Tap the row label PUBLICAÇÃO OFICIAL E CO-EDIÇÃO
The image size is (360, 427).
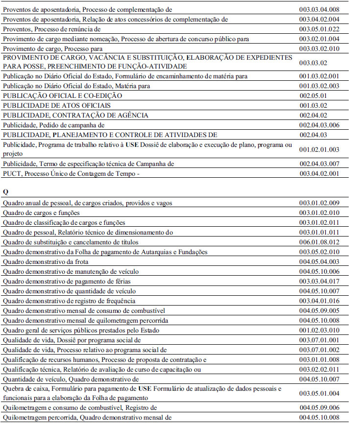(62, 95)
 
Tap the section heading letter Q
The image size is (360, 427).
(5, 191)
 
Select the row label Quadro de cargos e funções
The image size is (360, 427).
(41, 213)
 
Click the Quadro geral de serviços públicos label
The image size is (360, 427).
(81, 330)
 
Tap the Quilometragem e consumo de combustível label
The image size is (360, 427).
(80, 407)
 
